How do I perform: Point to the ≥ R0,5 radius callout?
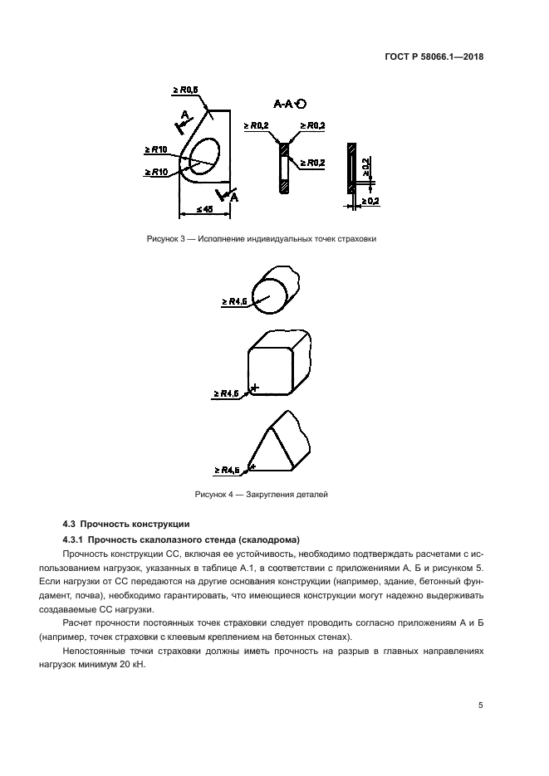(184, 90)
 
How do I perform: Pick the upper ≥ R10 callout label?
(156, 150)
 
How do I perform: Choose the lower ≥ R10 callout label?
(156, 172)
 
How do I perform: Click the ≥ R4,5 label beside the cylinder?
(234, 302)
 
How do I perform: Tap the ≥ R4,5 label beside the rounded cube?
(227, 393)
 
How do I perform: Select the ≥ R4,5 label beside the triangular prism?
(227, 470)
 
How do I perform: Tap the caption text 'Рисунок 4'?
(213, 494)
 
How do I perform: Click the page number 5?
(480, 705)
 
